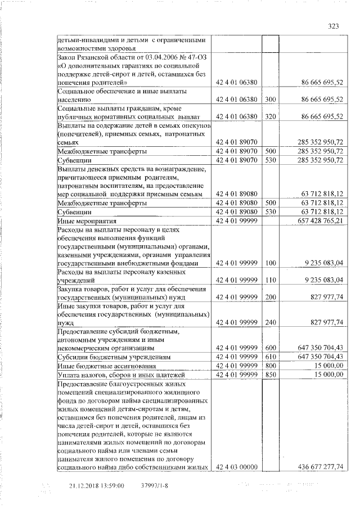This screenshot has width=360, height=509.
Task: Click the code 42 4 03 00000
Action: [236, 467]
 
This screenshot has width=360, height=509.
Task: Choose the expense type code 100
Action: [271, 262]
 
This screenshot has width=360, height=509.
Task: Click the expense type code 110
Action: [271, 280]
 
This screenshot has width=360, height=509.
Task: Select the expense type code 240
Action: [271, 322]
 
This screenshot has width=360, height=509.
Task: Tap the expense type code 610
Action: [271, 357]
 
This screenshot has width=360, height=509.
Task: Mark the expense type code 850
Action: [271, 375]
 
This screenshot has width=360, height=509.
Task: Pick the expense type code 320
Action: [271, 116]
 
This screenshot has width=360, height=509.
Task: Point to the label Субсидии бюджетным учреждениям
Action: [109, 357]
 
